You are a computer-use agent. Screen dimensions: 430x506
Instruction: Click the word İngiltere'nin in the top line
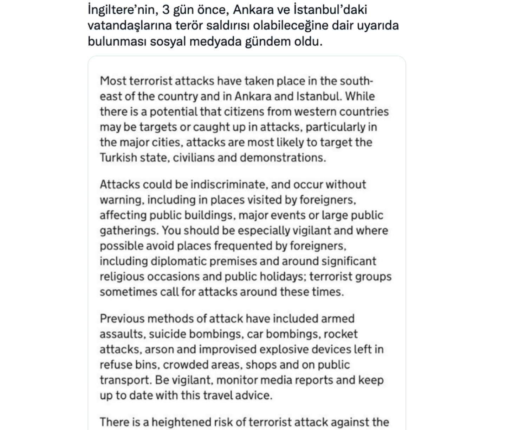121,10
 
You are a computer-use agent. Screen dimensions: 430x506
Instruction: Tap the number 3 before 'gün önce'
166,10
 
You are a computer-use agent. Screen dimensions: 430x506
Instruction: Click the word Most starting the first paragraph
113,81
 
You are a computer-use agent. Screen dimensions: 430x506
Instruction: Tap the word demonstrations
283,157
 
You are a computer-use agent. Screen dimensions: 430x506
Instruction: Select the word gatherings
129,230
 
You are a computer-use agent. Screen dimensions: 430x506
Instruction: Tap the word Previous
122,318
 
